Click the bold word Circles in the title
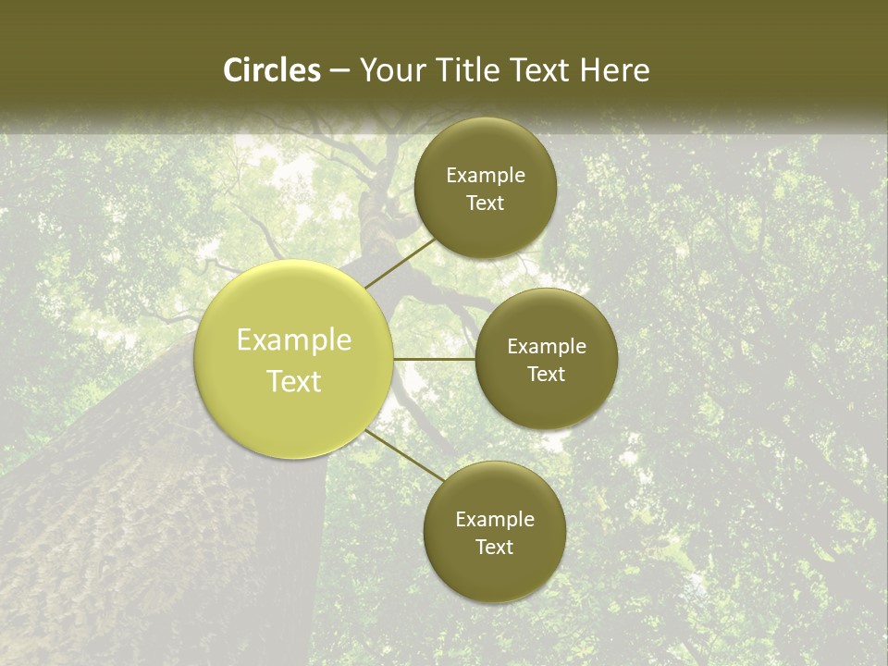(x=271, y=70)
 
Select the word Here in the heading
(x=614, y=70)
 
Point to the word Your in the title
(x=392, y=70)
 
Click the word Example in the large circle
(x=294, y=340)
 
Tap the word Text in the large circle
(x=294, y=381)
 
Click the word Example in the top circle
(x=486, y=176)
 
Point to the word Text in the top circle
(x=485, y=203)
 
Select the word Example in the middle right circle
(x=547, y=347)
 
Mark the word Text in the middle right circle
(x=546, y=375)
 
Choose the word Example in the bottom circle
(x=495, y=520)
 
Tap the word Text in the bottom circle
(x=494, y=548)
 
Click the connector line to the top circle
(x=400, y=262)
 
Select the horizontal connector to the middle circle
(x=435, y=359)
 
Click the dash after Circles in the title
(x=340, y=71)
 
